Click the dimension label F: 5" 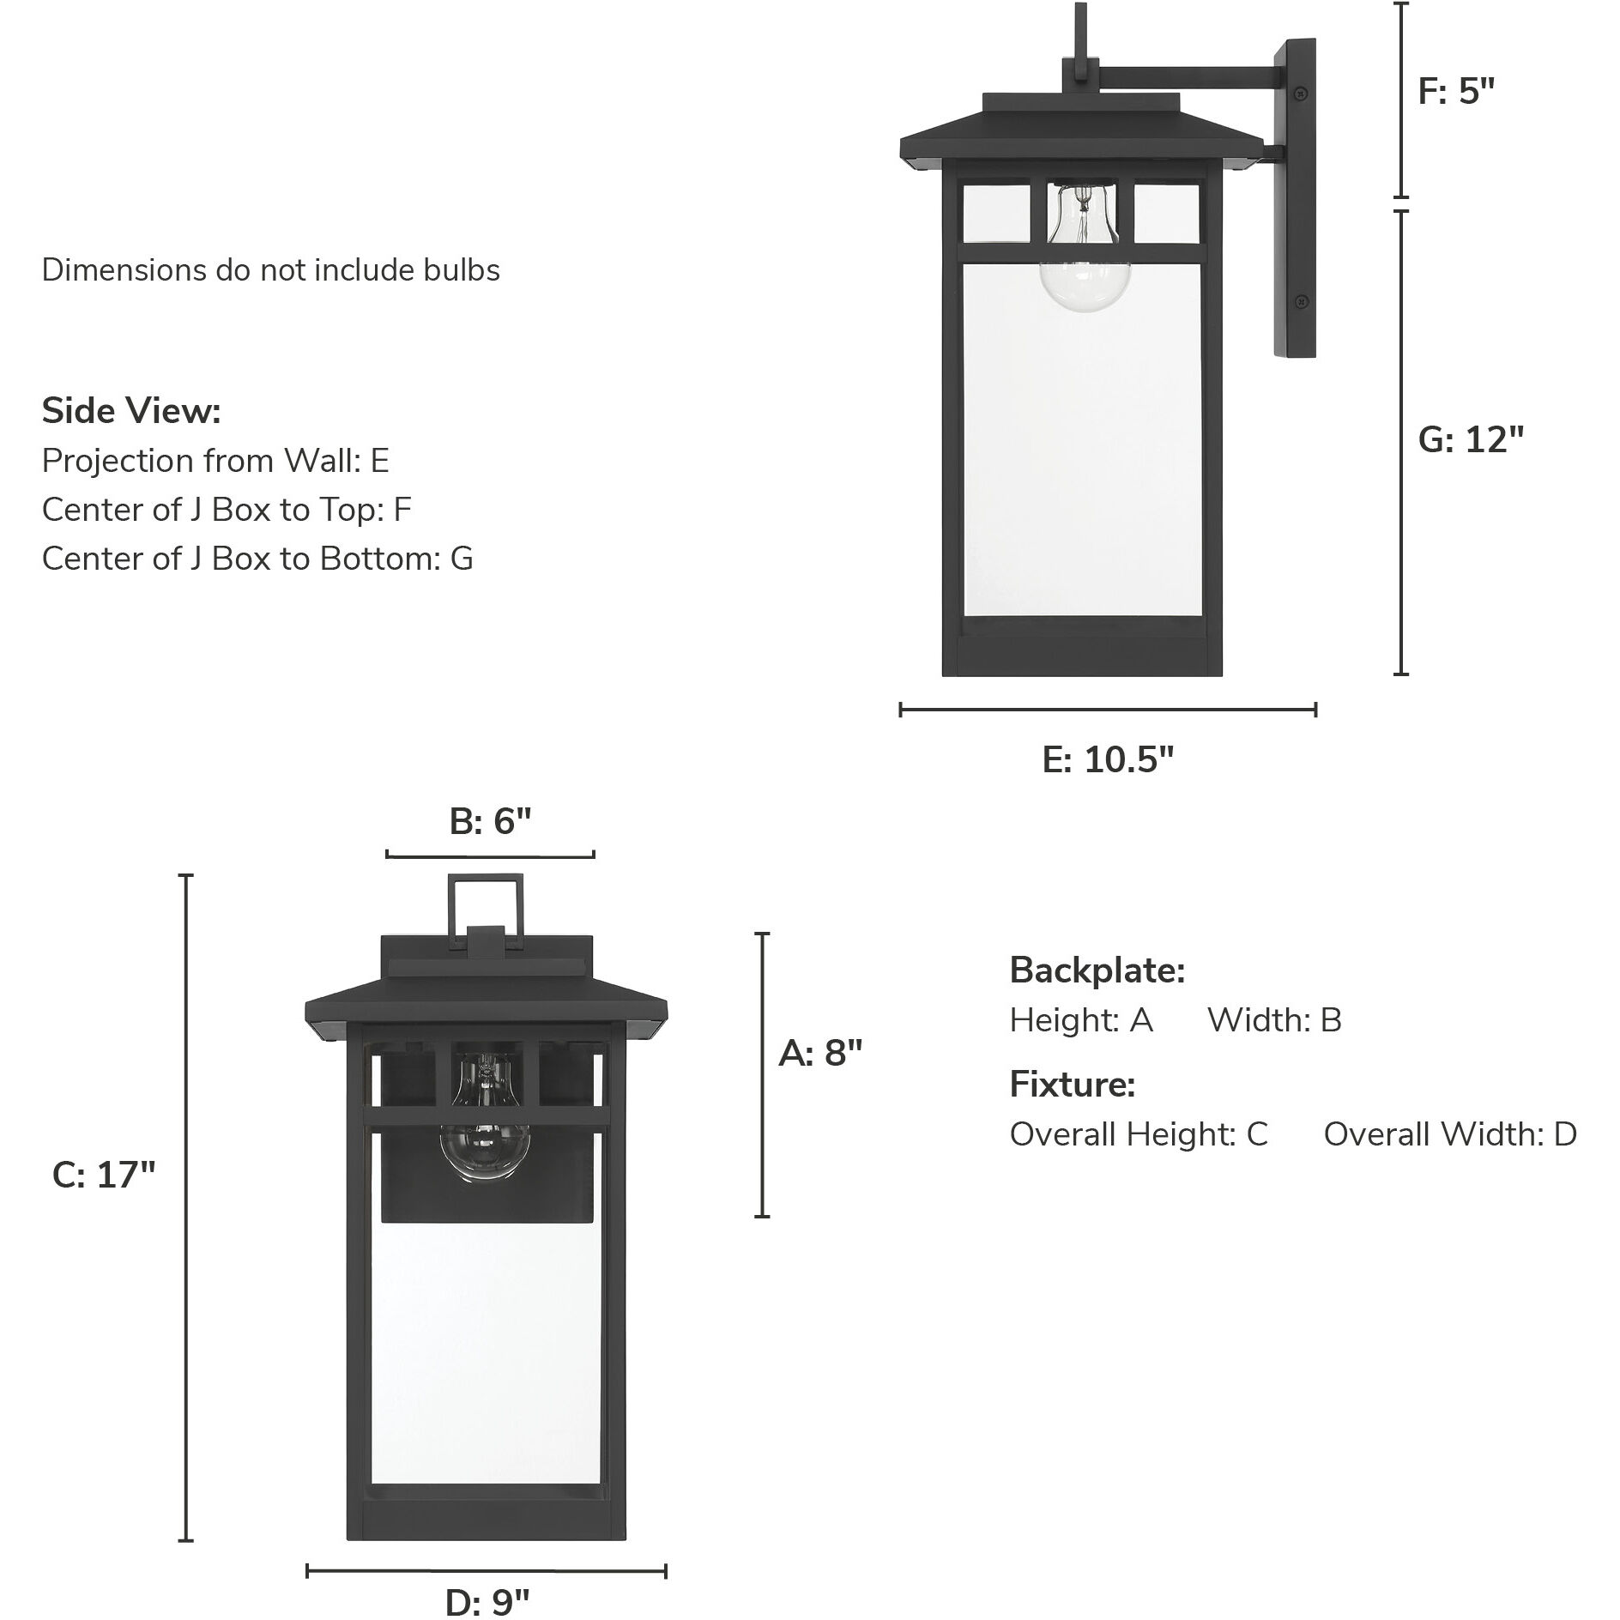(x=1456, y=91)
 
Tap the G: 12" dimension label (x=1471, y=440)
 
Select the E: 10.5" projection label (x=1108, y=759)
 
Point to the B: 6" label (x=491, y=822)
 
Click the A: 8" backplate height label (x=819, y=1053)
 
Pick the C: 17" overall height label (x=104, y=1175)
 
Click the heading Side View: (x=131, y=411)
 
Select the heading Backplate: (x=1097, y=970)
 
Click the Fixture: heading (x=1073, y=1085)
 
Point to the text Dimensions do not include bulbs (x=270, y=270)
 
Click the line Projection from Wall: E (x=215, y=461)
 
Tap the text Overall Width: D (x=1450, y=1134)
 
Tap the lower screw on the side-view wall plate (x=1301, y=300)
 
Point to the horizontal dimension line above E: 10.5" (x=1108, y=710)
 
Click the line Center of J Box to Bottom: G (x=257, y=559)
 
